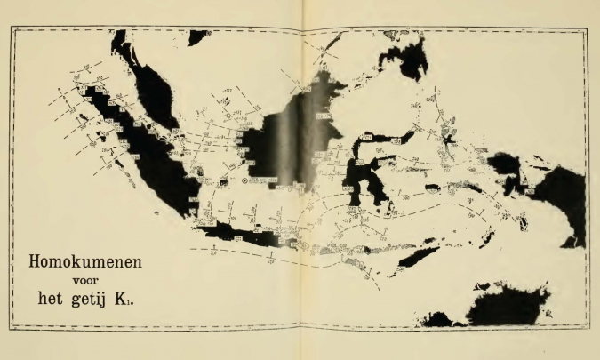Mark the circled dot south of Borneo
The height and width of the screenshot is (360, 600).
pos(246,181)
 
